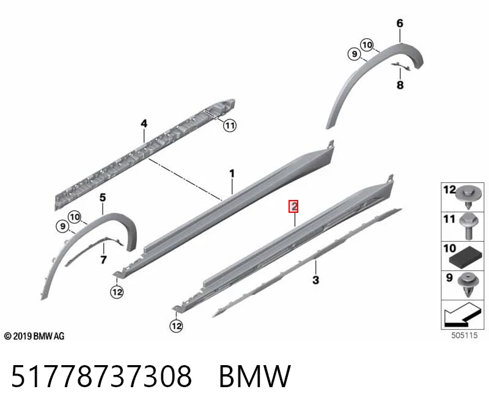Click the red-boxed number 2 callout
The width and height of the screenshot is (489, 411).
pyautogui.click(x=293, y=206)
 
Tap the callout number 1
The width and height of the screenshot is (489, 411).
pyautogui.click(x=232, y=174)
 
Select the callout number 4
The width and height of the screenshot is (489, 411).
pyautogui.click(x=144, y=124)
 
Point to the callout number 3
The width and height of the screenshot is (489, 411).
pyautogui.click(x=315, y=280)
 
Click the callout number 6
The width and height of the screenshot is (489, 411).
pyautogui.click(x=400, y=23)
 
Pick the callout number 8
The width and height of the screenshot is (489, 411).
pyautogui.click(x=400, y=85)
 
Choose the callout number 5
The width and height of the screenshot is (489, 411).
pyautogui.click(x=103, y=198)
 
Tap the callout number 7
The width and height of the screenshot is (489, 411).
pyautogui.click(x=103, y=260)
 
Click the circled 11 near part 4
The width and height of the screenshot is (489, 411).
pyautogui.click(x=230, y=125)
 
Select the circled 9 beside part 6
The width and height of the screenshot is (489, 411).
pyautogui.click(x=355, y=54)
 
